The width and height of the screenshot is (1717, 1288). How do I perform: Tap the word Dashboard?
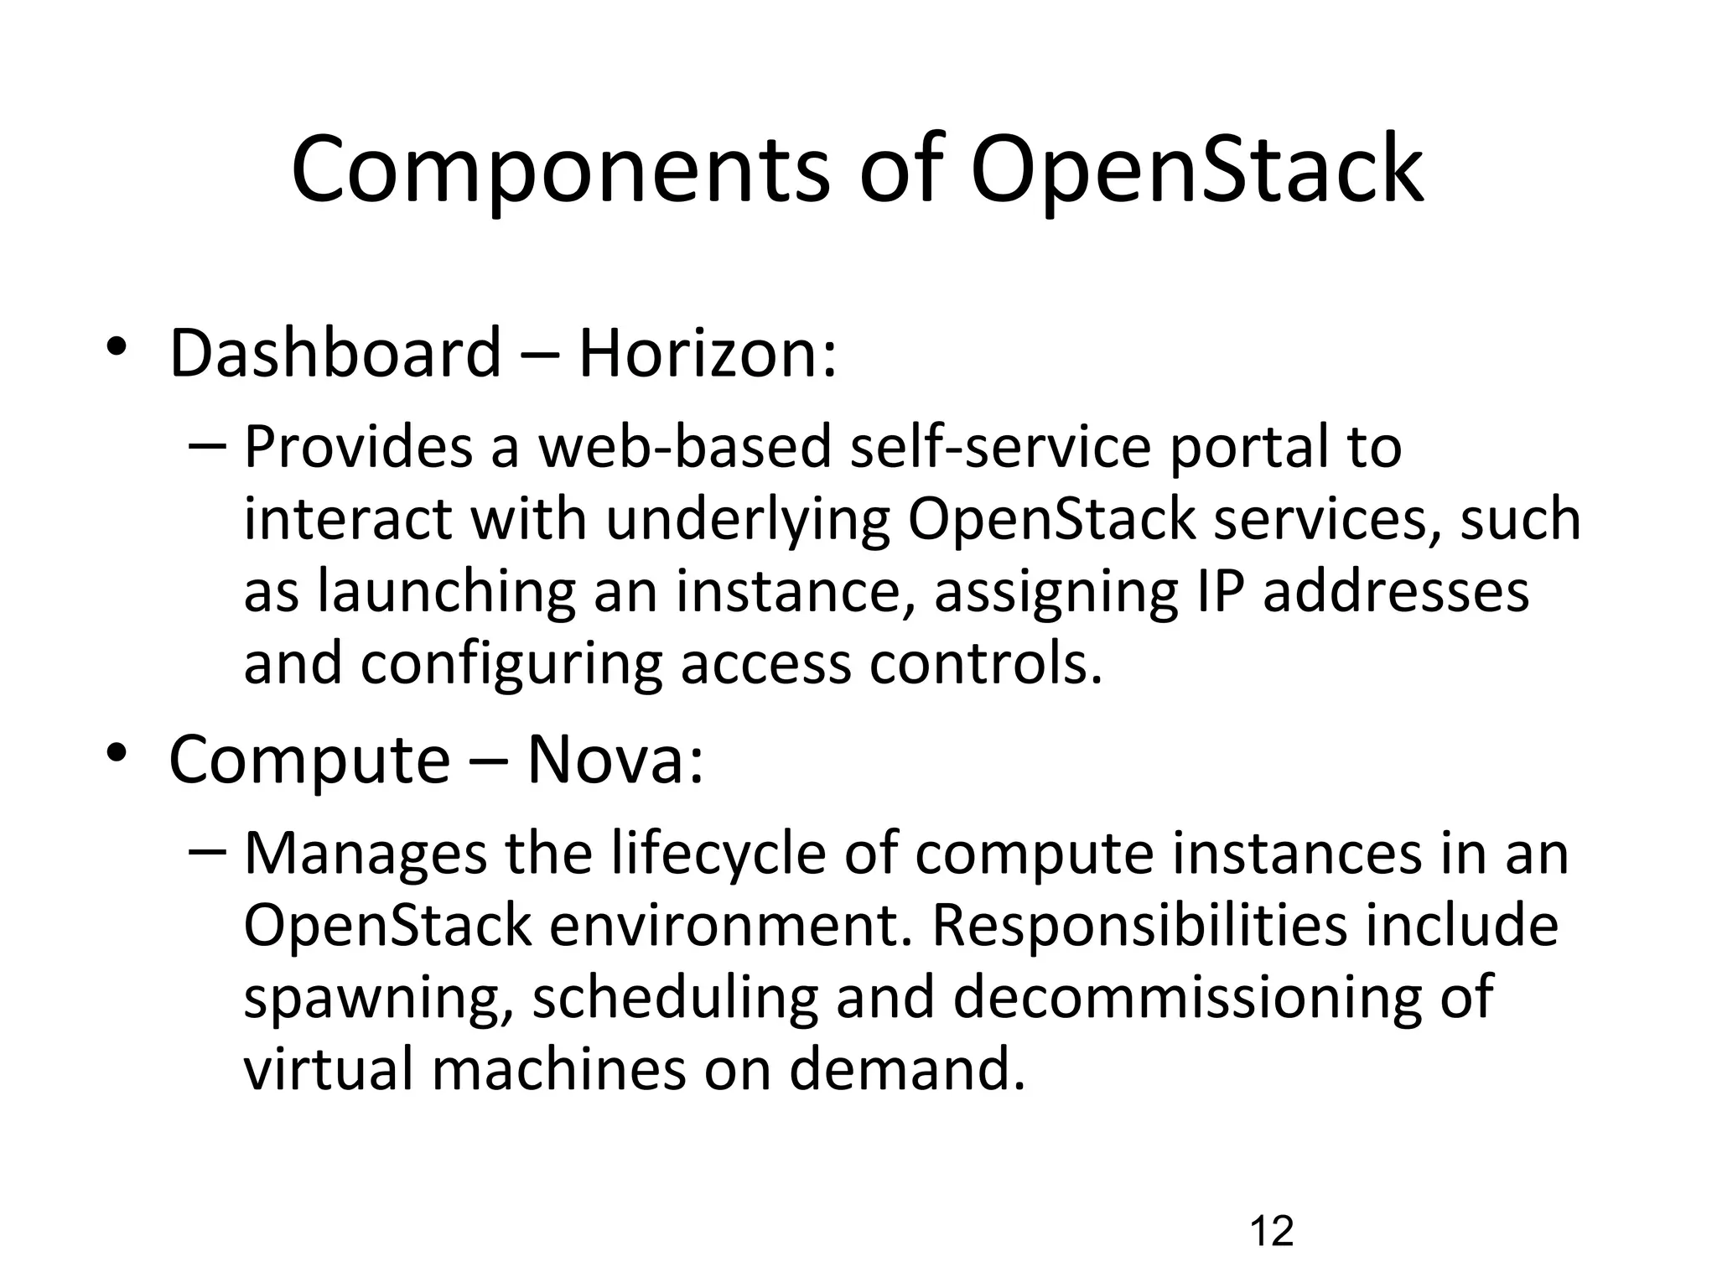click(335, 354)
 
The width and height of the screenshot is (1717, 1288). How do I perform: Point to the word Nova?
click(614, 761)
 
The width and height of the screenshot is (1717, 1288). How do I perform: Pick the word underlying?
click(748, 520)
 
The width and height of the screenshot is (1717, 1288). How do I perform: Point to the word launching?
click(446, 592)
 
